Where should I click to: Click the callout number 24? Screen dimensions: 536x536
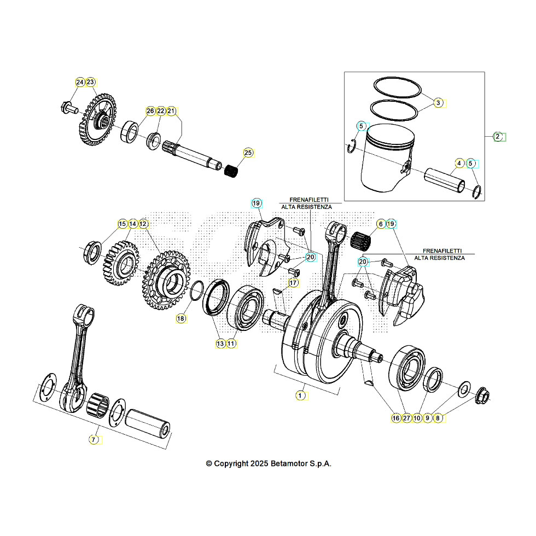pyautogui.click(x=80, y=82)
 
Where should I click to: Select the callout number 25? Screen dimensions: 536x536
pyautogui.click(x=248, y=153)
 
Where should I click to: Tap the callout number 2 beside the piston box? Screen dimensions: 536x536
pyautogui.click(x=498, y=137)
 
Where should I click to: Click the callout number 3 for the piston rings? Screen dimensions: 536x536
pyautogui.click(x=438, y=102)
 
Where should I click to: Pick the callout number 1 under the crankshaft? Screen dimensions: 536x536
pyautogui.click(x=300, y=394)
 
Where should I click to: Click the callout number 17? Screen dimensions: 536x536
pyautogui.click(x=294, y=283)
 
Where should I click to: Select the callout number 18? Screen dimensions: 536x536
pyautogui.click(x=181, y=318)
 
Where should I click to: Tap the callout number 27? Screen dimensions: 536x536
pyautogui.click(x=406, y=418)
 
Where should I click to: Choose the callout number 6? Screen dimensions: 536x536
pyautogui.click(x=380, y=224)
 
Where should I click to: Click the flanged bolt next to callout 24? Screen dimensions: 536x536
pyautogui.click(x=68, y=107)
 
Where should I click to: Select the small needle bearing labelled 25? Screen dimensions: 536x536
pyautogui.click(x=232, y=170)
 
